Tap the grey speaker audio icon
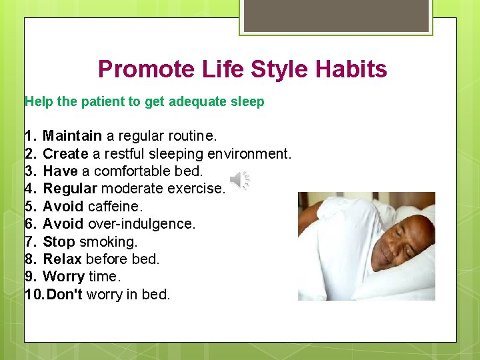[x=240, y=180]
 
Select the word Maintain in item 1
[x=72, y=136]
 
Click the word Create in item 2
[x=65, y=154]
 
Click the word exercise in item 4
[x=198, y=189]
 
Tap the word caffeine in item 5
[x=115, y=207]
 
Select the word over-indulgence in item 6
[x=141, y=224]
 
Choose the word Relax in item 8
[x=62, y=259]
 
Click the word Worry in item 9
[x=63, y=276]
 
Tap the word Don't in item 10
[x=64, y=294]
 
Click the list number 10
[x=33, y=294]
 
